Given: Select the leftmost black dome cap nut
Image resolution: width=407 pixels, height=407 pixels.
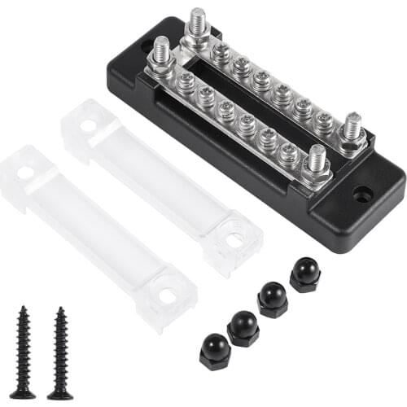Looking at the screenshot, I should coord(215,351).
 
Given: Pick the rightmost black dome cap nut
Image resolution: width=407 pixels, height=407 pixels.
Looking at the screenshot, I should coord(305,274).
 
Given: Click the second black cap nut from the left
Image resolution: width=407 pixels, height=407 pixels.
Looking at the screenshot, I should coord(243,327).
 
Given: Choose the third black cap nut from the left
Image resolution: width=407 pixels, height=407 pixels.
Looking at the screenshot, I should coord(273,299).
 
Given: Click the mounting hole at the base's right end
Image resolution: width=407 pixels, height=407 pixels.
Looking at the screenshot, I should coord(363,195).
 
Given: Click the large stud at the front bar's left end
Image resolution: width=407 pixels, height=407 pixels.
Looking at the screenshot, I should coord(161,55).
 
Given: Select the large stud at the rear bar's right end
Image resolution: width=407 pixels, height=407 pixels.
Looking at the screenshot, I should coord(352,129).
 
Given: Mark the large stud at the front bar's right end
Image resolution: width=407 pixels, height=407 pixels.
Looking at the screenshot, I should coord(316,160).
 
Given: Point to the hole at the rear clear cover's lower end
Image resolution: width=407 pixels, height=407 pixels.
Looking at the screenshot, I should coord(234,240).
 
